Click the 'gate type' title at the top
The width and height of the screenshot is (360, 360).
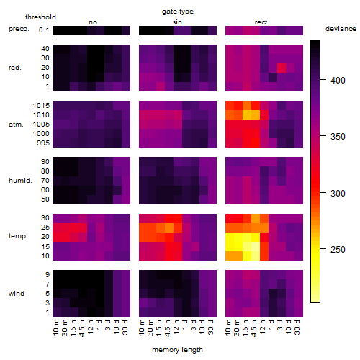click(178, 12)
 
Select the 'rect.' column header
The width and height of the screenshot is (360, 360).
click(262, 22)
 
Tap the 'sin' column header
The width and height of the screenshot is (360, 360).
click(177, 22)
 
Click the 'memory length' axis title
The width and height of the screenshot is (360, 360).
click(177, 350)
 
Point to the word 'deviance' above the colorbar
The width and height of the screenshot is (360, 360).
click(341, 29)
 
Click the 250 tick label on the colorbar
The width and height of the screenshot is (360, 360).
click(338, 250)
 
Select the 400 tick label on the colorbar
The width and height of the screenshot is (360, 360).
click(338, 81)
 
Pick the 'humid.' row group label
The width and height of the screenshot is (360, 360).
click(20, 181)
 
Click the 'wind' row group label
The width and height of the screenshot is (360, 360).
click(17, 294)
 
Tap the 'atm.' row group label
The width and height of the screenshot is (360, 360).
click(16, 125)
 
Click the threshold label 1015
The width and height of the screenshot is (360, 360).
click(41, 106)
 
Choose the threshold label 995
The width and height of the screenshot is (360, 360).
click(43, 143)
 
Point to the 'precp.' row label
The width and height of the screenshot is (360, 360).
click(19, 29)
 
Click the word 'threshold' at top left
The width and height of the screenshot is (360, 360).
click(40, 17)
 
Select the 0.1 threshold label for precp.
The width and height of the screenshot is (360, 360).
click(44, 30)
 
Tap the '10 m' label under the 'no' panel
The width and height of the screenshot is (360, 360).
click(56, 328)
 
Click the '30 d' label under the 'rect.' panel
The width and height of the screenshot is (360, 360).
click(297, 328)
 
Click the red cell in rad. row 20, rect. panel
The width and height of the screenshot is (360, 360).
click(282, 68)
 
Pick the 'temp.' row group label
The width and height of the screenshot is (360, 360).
click(18, 236)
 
